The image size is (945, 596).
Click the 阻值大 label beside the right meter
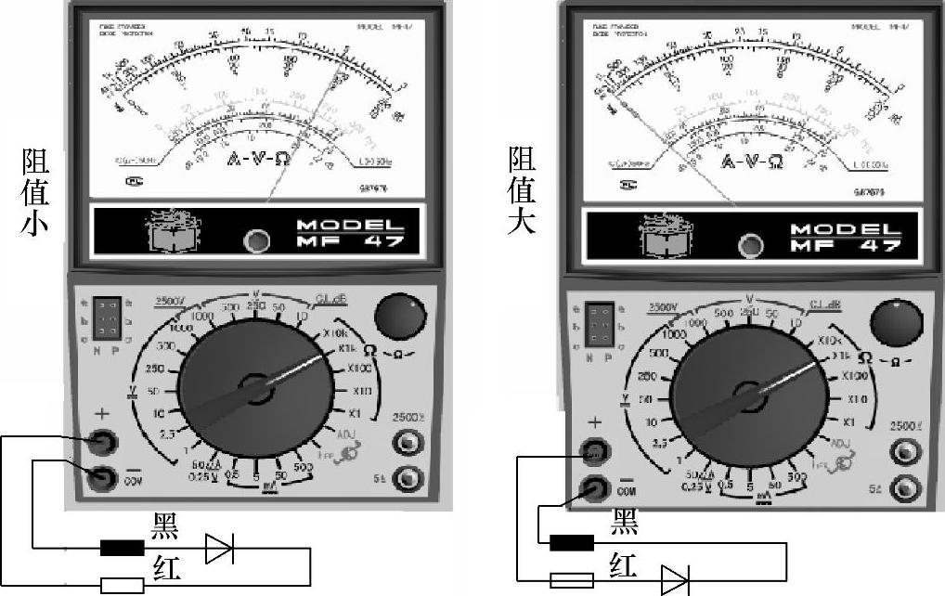coord(522,189)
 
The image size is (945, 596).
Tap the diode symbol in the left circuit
coord(219,549)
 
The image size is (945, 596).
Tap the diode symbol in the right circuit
coord(675,579)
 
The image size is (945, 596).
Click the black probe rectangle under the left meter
coord(123,549)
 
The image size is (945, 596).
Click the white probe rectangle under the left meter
coord(123,585)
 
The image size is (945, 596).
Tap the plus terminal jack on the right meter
coord(593,452)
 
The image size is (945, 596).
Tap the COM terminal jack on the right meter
coord(593,486)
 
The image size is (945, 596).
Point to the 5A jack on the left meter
coord(407,479)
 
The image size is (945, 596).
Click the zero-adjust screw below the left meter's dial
coord(256,242)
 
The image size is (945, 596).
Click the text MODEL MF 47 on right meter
coord(845,238)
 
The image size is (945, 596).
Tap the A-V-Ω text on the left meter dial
coord(259,159)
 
